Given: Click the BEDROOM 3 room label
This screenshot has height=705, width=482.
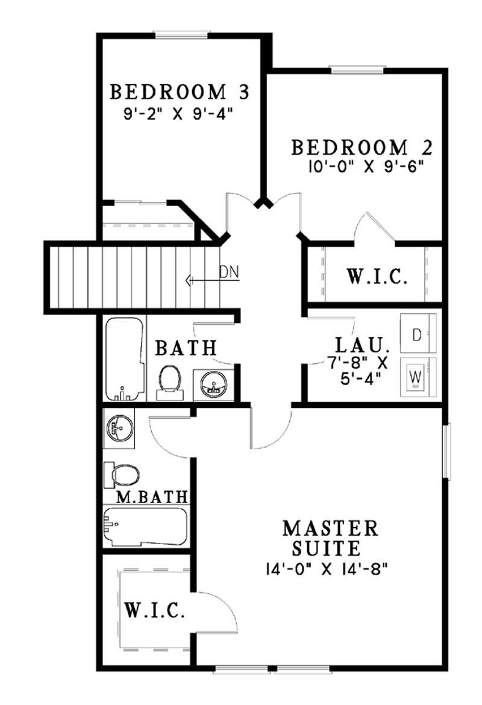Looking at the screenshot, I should point(179,92).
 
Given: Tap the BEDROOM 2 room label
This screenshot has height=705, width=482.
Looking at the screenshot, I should point(362,148).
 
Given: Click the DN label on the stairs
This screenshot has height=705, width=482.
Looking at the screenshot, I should point(229,272).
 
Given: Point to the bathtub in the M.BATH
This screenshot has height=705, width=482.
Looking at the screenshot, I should point(145,527).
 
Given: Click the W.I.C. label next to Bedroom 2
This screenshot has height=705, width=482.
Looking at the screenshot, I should point(377,278).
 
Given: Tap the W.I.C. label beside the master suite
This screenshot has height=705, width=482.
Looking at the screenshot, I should point(155,610).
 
